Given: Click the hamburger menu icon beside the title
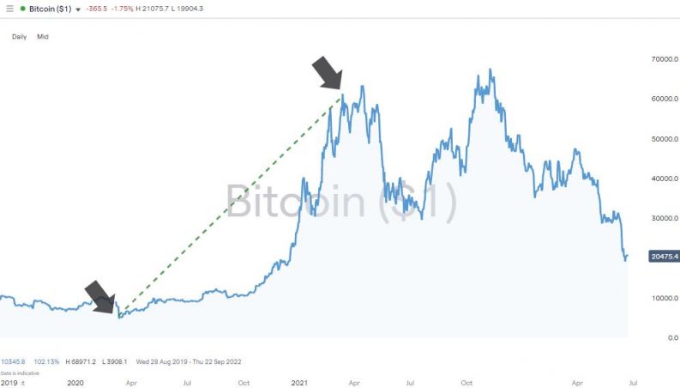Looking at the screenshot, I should pyautogui.click(x=10, y=9).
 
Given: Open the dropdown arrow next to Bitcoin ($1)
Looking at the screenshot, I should pyautogui.click(x=79, y=9).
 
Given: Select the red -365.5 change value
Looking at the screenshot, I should pyautogui.click(x=100, y=9).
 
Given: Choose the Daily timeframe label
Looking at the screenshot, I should pyautogui.click(x=19, y=37).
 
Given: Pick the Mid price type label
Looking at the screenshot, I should pyautogui.click(x=43, y=37).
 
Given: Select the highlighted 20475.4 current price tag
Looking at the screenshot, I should pyautogui.click(x=664, y=257).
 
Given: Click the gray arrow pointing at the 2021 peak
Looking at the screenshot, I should pyautogui.click(x=327, y=74).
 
